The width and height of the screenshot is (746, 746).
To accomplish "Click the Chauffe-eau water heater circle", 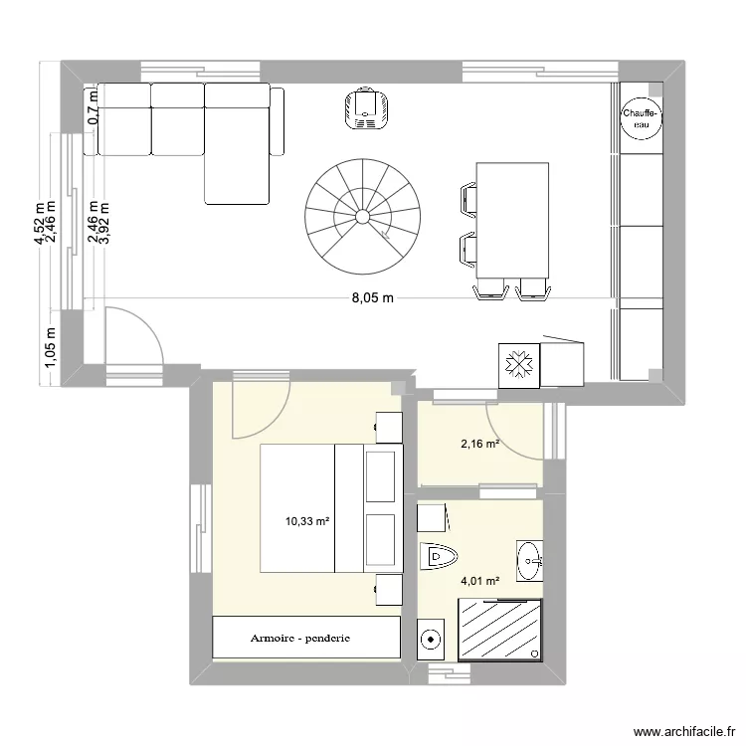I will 641,119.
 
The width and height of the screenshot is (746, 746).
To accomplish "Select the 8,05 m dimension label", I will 370,297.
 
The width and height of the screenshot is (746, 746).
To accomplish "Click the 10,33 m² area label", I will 306,519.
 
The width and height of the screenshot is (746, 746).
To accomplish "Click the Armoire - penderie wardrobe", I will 306,638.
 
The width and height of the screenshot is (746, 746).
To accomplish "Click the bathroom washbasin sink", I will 529,562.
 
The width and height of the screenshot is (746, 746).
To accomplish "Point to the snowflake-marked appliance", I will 518,365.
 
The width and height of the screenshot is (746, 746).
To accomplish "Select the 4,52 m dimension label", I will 40,226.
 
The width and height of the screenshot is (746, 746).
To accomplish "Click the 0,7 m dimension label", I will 93,106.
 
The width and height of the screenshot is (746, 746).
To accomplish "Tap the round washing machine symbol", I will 431,639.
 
